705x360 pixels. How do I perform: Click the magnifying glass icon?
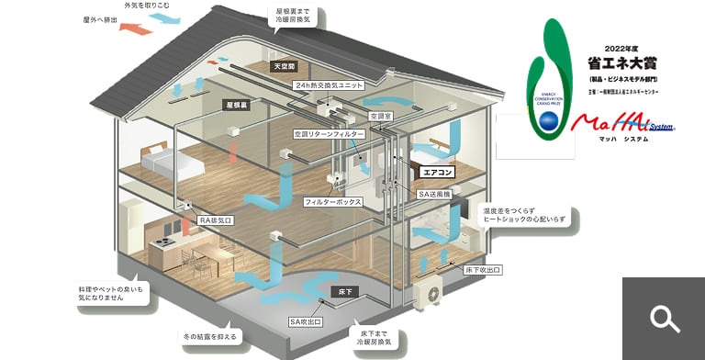click(664, 319)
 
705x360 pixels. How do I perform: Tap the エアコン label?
click(437, 171)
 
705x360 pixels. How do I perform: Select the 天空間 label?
click(284, 67)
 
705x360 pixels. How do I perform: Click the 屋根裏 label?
click(238, 106)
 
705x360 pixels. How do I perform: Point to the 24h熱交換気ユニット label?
click(329, 84)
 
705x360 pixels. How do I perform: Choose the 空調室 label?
click(382, 117)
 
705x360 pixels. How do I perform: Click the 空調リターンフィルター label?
click(330, 134)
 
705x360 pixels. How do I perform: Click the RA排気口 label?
click(217, 220)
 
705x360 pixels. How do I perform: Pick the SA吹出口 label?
click(306, 321)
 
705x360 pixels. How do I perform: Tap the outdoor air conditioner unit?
click(429, 293)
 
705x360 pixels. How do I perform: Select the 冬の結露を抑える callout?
click(210, 337)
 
